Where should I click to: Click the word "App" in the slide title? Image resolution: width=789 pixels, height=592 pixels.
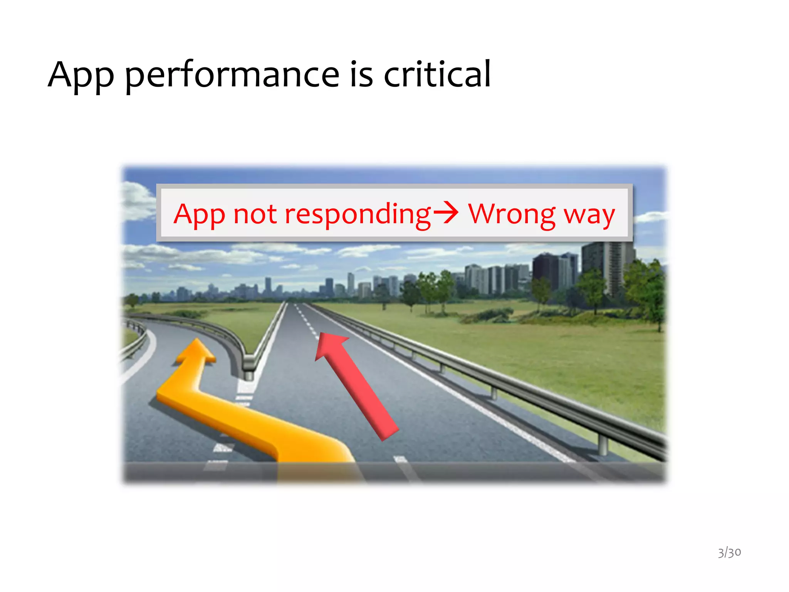pyautogui.click(x=81, y=75)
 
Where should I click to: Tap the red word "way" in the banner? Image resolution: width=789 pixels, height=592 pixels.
pyautogui.click(x=589, y=216)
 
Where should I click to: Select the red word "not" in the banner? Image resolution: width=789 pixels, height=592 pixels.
pyautogui.click(x=255, y=214)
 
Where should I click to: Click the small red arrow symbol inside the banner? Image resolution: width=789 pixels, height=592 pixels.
pyautogui.click(x=446, y=213)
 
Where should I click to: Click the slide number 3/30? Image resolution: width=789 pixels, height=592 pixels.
pyautogui.click(x=729, y=552)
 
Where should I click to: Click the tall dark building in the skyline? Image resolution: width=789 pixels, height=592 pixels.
pyautogui.click(x=545, y=272)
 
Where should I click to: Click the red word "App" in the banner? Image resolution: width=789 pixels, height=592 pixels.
pyautogui.click(x=199, y=215)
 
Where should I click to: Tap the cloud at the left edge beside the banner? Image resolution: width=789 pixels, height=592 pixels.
pyautogui.click(x=137, y=200)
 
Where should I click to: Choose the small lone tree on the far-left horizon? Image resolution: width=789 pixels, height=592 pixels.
pyautogui.click(x=132, y=299)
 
